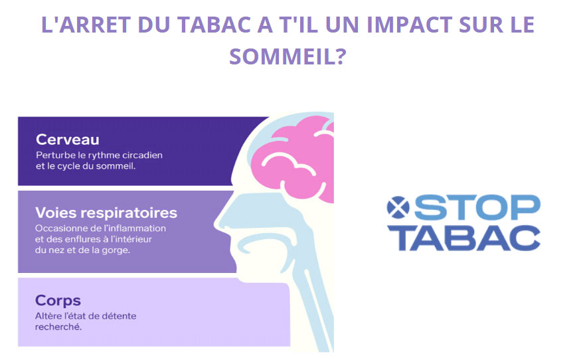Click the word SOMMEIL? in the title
pos(288,56)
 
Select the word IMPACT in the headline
pos(409,25)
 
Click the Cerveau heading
pos(68,139)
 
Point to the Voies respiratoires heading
pos(106,213)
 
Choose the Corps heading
pos(58,300)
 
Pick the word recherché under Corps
pos(58,327)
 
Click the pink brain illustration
pos(293,159)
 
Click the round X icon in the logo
pos(398,207)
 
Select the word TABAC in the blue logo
pos(464,238)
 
